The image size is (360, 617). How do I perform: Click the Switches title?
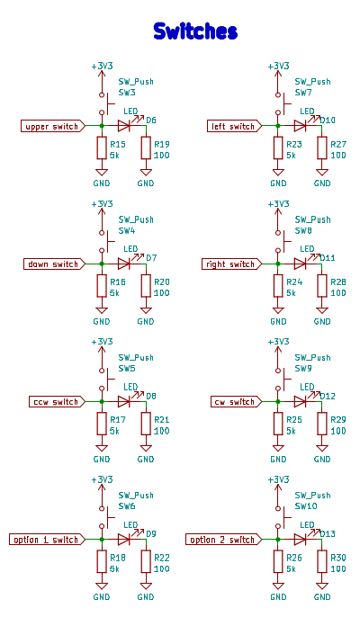195,31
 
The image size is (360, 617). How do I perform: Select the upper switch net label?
53,126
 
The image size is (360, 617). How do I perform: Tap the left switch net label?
234,126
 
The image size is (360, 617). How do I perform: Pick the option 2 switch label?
223,540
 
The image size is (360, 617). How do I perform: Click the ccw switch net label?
57,402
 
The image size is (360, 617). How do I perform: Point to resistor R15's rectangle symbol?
102,148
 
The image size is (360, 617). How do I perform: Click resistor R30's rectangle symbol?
322,561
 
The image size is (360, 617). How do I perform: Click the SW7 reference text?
303,93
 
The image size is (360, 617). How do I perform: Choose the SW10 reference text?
306,506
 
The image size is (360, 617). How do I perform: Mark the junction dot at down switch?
102,264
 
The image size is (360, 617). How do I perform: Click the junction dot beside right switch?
278,264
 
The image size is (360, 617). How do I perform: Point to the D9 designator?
151,534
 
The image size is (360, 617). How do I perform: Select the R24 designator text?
294,282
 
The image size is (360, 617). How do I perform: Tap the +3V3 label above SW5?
102,342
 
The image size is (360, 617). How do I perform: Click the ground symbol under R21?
146,448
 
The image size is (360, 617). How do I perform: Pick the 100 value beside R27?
338,156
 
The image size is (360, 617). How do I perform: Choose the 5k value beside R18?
114,569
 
